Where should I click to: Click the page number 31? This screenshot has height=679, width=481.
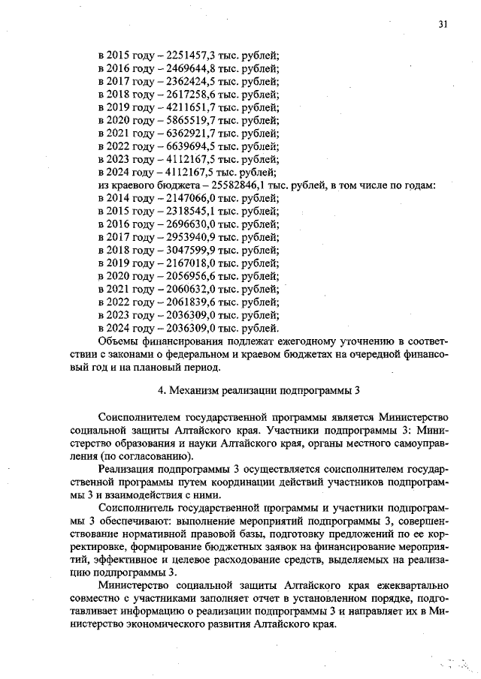(x=443, y=24)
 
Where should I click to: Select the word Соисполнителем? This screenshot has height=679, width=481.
(x=144, y=416)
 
